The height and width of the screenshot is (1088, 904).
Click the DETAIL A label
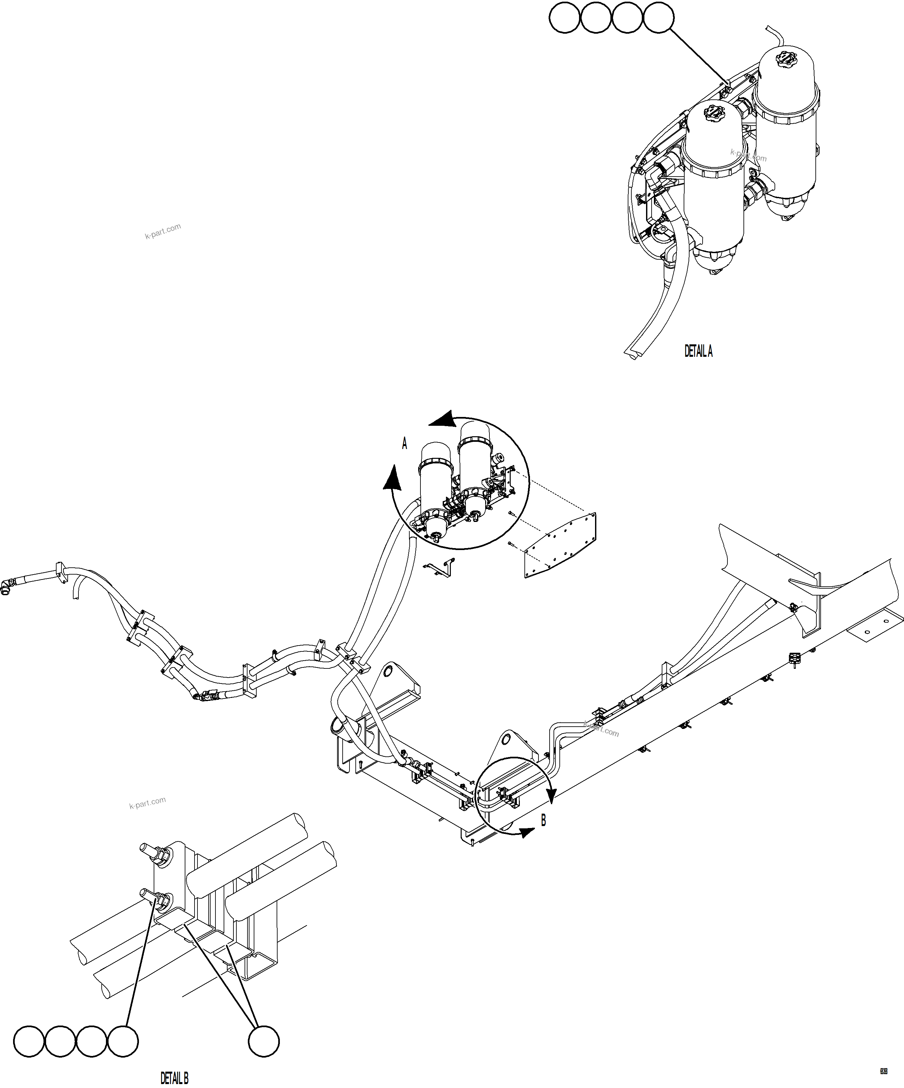pos(698,351)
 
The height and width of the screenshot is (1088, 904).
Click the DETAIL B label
pos(175,1078)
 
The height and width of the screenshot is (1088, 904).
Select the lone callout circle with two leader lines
pos(264,1041)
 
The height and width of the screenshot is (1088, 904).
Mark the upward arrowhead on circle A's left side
pos(393,477)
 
